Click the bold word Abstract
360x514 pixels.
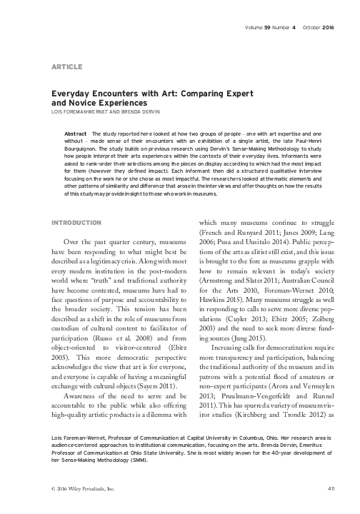pyautogui.click(x=76, y=133)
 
